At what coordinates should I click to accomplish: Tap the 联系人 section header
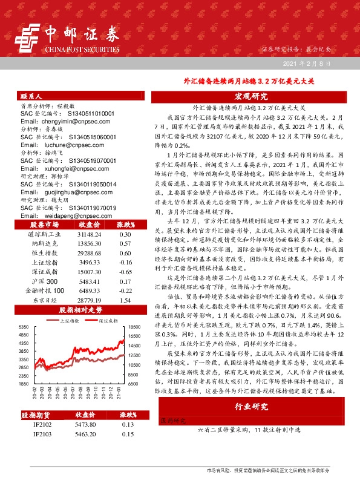[31, 96]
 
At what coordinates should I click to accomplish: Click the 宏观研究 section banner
[250, 96]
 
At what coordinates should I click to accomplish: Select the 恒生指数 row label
[41, 252]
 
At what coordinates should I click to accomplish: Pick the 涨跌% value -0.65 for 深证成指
[125, 273]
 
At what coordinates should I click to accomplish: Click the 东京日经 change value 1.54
[125, 300]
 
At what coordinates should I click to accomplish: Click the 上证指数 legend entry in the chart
[66, 320]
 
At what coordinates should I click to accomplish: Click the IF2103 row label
[41, 435]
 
